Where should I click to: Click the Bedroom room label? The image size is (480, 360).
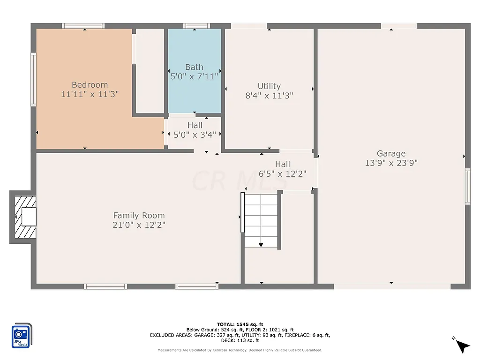point(90,85)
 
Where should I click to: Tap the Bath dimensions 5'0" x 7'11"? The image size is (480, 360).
point(194,76)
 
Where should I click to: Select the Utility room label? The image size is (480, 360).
point(269,86)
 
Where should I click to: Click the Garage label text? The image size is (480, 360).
point(391,153)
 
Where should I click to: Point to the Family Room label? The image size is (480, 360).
point(139,216)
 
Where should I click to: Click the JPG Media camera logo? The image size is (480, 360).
point(21,336)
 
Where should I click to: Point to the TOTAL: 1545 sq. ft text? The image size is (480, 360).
point(240,324)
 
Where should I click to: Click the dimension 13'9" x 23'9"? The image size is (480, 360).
point(391,163)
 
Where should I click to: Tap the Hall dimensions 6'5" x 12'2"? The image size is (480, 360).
point(283,173)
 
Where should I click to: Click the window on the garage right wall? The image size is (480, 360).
point(467,187)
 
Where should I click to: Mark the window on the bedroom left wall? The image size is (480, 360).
point(33,79)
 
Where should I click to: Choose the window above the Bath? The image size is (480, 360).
point(196,26)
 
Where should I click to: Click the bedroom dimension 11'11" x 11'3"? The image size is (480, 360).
point(90,94)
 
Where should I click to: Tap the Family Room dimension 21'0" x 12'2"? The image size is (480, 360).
point(139,225)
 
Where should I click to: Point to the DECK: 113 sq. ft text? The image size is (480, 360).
point(240,341)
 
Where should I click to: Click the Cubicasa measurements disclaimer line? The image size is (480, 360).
point(240,350)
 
